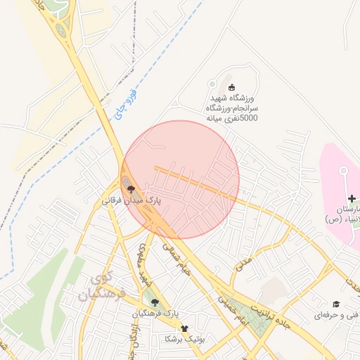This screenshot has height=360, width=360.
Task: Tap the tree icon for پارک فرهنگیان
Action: (x=155, y=302)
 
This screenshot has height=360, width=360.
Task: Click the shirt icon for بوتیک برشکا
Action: (x=184, y=328)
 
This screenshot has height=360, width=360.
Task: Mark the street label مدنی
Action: (x=243, y=264)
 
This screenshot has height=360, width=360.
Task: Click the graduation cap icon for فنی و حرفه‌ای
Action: (x=336, y=303)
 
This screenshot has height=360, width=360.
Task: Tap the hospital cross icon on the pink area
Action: (x=352, y=202)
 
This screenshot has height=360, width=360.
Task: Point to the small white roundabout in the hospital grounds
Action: (x=344, y=170)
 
